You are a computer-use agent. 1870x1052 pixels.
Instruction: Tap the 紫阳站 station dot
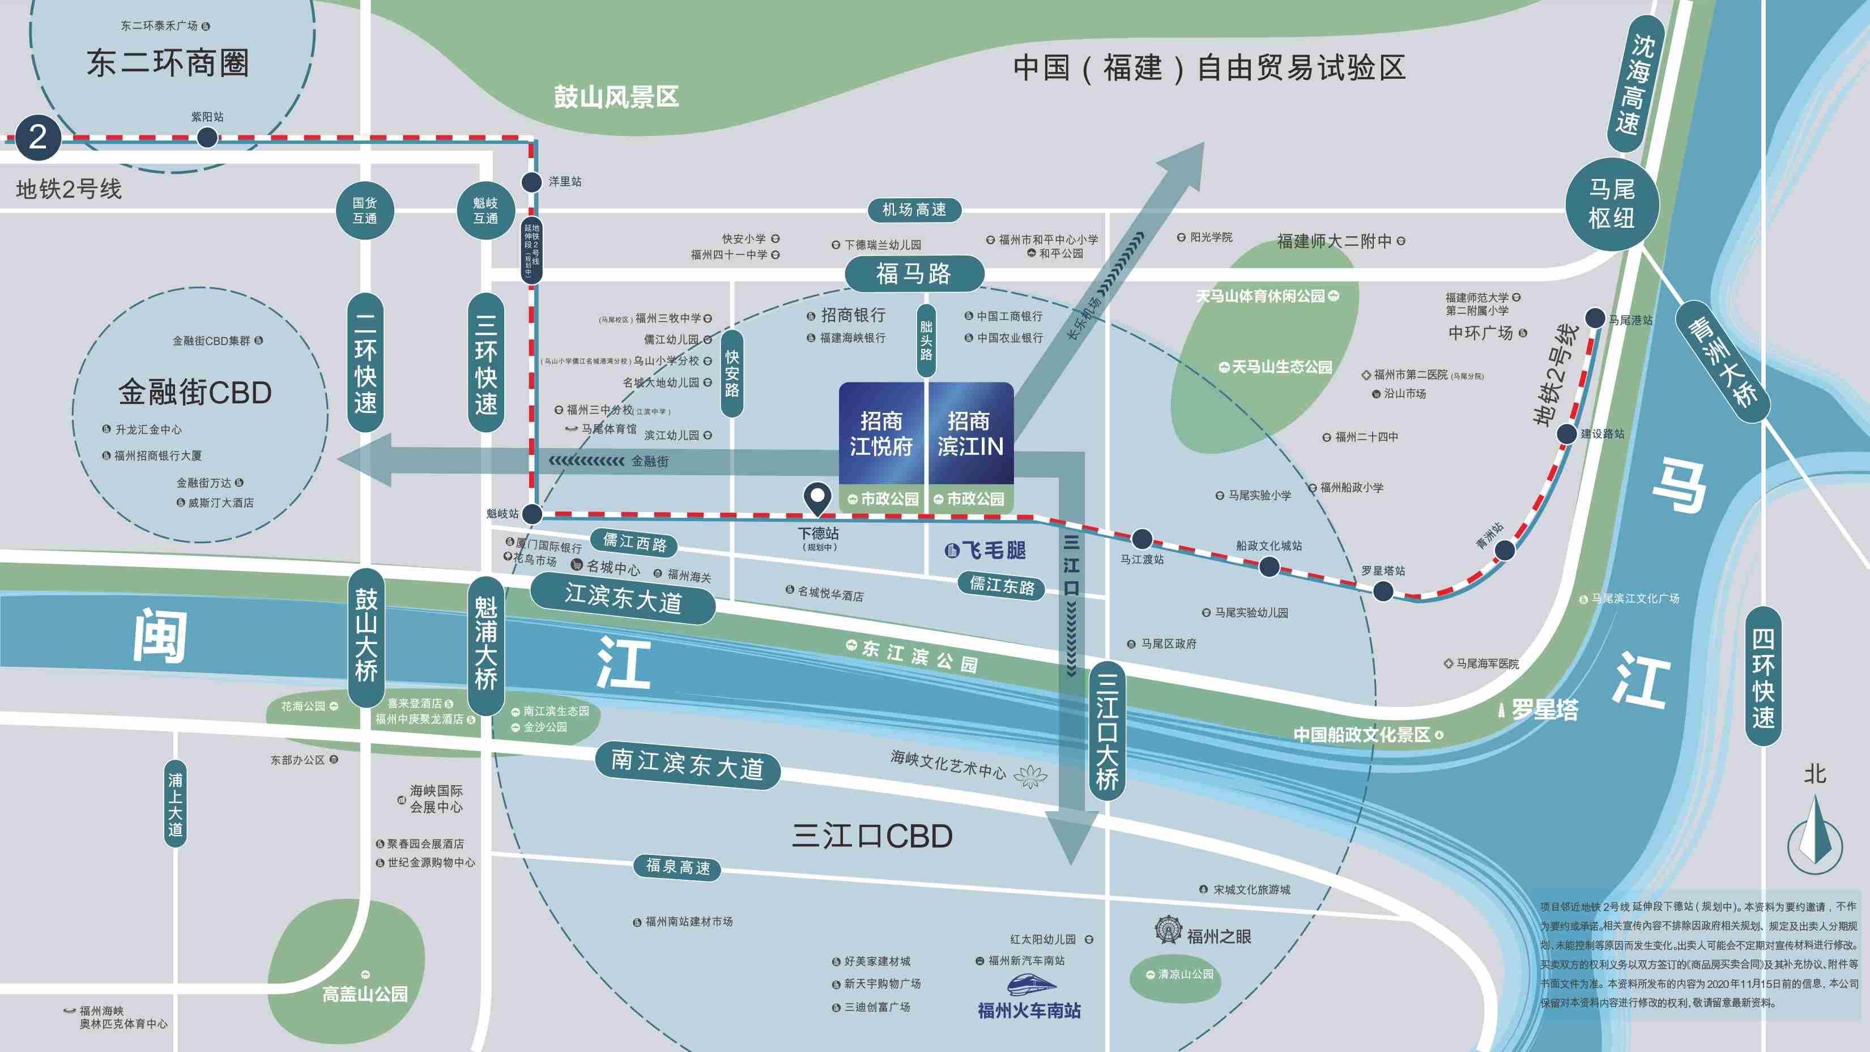pyautogui.click(x=207, y=137)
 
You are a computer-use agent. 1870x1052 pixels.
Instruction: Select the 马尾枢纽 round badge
pyautogui.click(x=1612, y=204)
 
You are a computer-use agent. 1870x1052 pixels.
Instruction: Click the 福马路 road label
pyautogui.click(x=914, y=274)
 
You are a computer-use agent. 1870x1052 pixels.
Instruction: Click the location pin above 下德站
pyautogui.click(x=817, y=499)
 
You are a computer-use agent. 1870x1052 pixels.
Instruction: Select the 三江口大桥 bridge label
pyautogui.click(x=1106, y=731)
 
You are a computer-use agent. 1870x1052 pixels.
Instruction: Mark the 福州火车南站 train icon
pyautogui.click(x=1032, y=985)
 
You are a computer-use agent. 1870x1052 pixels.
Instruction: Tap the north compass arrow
pyautogui.click(x=1815, y=831)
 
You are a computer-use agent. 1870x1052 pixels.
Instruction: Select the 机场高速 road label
pyautogui.click(x=914, y=210)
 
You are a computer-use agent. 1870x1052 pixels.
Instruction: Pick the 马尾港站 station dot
pyautogui.click(x=1594, y=317)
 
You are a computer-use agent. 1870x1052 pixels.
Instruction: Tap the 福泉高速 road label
pyautogui.click(x=678, y=867)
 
